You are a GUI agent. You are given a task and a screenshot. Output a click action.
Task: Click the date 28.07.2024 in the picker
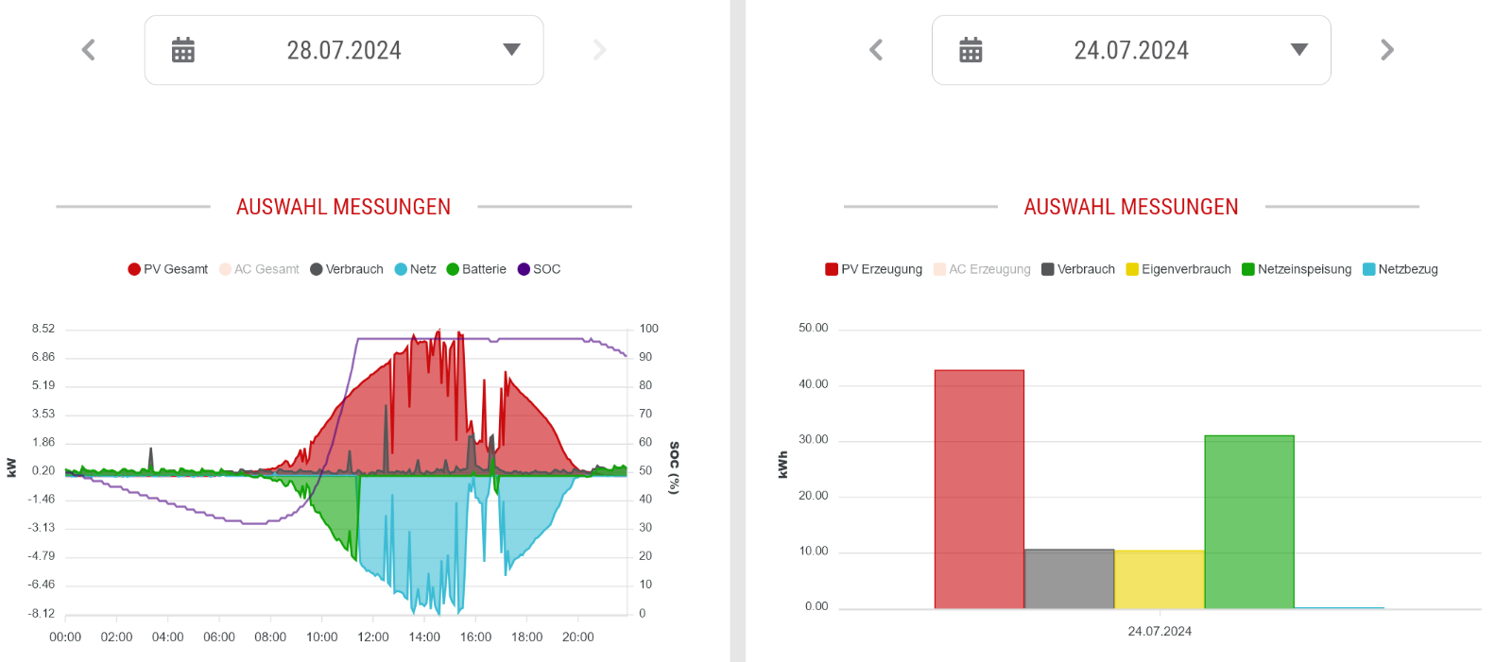tap(344, 51)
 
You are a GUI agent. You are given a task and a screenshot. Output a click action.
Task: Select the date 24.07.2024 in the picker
tap(1131, 51)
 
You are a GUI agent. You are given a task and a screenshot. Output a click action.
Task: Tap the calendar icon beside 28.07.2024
tap(183, 50)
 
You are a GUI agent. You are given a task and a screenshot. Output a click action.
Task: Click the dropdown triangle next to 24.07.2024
tap(1299, 49)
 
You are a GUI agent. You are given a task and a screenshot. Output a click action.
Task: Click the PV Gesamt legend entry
tap(168, 269)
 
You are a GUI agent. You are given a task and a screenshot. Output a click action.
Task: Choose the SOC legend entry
tap(540, 269)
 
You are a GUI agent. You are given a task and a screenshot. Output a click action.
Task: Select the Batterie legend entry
tap(476, 269)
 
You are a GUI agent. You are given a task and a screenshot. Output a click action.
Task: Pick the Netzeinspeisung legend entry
tap(1297, 269)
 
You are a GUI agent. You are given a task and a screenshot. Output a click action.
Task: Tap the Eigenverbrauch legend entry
tap(1178, 269)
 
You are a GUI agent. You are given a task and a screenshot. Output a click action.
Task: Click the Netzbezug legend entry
tap(1400, 269)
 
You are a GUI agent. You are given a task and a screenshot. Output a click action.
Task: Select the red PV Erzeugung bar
tap(979, 489)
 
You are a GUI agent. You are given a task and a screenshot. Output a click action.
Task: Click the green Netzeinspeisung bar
tap(1249, 522)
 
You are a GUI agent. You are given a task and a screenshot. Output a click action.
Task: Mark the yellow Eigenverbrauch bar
tap(1160, 580)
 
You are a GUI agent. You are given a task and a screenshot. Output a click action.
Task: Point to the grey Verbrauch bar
tap(1069, 579)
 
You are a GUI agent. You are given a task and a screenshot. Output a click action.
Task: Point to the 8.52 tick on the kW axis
tap(43, 329)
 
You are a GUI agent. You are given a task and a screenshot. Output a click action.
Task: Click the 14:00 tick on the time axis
tap(424, 637)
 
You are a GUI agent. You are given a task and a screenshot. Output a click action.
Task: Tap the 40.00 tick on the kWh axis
tap(814, 384)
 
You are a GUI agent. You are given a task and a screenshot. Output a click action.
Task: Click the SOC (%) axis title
tap(674, 468)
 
